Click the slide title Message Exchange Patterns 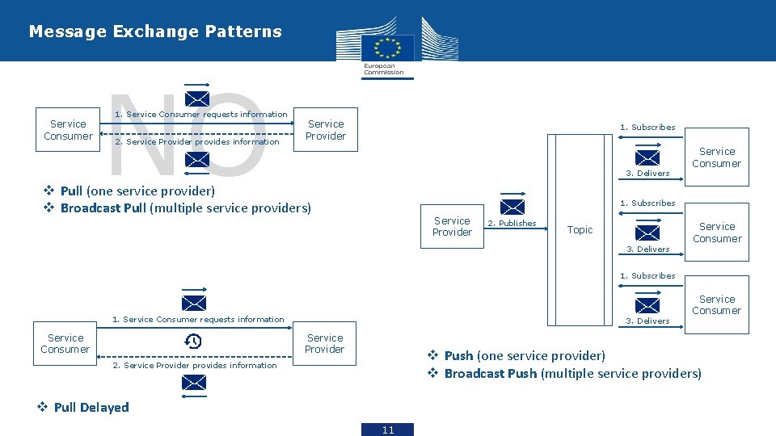155,31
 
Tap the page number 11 388,430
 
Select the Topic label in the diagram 580,230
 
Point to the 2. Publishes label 512,224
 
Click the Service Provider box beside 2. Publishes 452,226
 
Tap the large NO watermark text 186,133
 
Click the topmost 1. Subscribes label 647,127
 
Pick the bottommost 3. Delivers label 647,321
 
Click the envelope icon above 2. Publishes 512,207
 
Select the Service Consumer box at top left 68,130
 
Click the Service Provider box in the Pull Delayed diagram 324,344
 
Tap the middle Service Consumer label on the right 717,233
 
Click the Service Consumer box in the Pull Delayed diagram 65,344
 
